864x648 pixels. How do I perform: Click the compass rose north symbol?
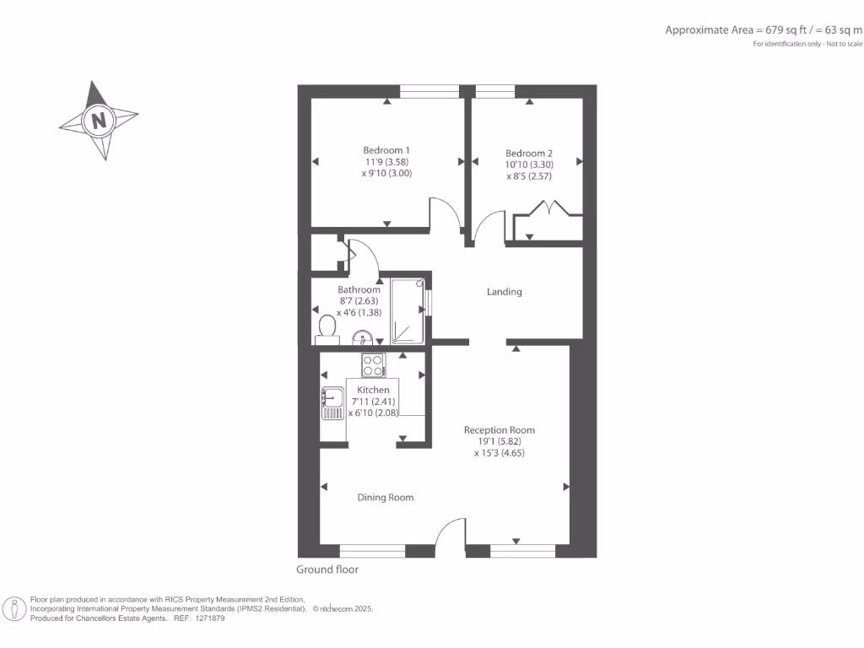[x=99, y=120]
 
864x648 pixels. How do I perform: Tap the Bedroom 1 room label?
[x=386, y=151]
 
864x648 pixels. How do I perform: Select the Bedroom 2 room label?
[x=529, y=154]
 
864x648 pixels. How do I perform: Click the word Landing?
[x=505, y=292]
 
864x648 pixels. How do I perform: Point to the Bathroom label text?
[x=359, y=289]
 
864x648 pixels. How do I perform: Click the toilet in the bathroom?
[x=327, y=329]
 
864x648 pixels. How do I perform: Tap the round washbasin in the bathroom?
[x=362, y=338]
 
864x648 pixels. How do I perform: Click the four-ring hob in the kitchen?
[x=373, y=364]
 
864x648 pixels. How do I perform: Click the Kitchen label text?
[x=373, y=390]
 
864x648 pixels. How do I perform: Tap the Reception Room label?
[x=499, y=430]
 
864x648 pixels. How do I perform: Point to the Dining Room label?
[x=386, y=498]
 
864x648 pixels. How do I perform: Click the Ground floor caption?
[x=327, y=570]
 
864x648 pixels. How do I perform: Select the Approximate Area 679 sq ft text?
[x=764, y=30]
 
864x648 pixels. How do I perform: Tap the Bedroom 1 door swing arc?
[x=445, y=213]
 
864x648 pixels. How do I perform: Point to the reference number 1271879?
[x=208, y=618]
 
